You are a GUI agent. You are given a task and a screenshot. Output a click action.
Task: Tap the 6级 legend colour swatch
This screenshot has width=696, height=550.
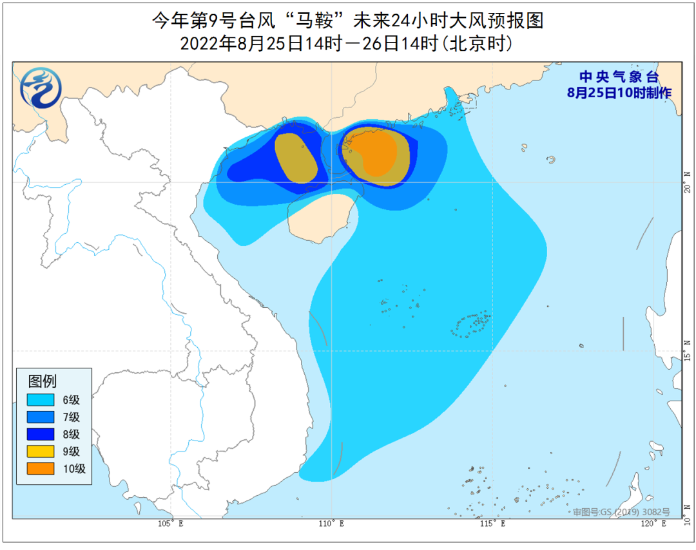point(41,400)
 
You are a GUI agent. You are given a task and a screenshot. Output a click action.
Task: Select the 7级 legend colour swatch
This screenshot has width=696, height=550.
point(41,417)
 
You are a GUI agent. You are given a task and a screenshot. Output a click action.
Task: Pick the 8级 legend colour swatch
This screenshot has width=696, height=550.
point(41,435)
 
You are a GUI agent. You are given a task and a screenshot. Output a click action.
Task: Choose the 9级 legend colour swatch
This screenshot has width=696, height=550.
point(41,451)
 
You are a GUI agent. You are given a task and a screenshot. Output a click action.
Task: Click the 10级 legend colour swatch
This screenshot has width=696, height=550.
point(41,469)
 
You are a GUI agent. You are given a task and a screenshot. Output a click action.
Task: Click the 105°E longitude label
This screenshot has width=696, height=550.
point(171,524)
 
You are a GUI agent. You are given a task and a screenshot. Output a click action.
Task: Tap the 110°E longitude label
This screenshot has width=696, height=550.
point(331,524)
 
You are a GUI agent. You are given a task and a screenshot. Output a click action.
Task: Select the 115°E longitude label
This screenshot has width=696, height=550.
point(492,524)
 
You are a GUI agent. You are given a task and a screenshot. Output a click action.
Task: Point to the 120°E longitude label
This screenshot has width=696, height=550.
point(653,524)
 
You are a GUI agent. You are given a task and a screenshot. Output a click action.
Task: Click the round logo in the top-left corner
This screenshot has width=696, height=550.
point(41,88)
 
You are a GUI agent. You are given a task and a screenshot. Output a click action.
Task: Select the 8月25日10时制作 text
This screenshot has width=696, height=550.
point(619,93)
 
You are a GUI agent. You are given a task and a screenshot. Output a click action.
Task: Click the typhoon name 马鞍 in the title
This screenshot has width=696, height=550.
point(315,21)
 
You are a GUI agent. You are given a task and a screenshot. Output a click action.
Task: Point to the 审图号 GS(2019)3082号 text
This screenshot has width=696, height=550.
point(621,512)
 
